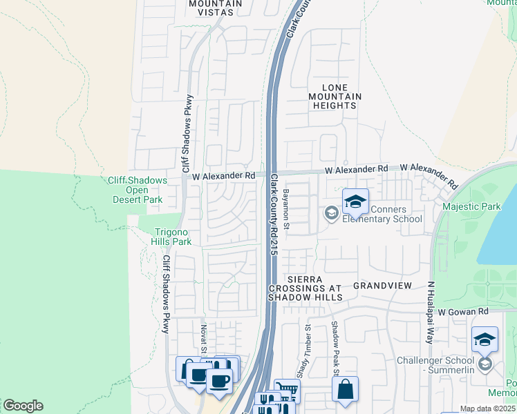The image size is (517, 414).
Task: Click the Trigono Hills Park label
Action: [171, 236]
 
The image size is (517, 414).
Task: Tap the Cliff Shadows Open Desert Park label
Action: [138, 190]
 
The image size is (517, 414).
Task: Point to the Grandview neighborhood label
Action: [382, 285]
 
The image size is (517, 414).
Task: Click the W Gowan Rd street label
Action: [463, 312]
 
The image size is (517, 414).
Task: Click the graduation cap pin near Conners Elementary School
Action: [355, 201]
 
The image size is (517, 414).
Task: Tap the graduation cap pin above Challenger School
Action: [485, 339]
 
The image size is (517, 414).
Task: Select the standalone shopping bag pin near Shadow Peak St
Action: [345, 388]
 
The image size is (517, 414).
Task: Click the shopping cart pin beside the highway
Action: [287, 391]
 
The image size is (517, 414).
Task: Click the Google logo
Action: [22, 406]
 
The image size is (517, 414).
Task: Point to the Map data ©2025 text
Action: [487, 408]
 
